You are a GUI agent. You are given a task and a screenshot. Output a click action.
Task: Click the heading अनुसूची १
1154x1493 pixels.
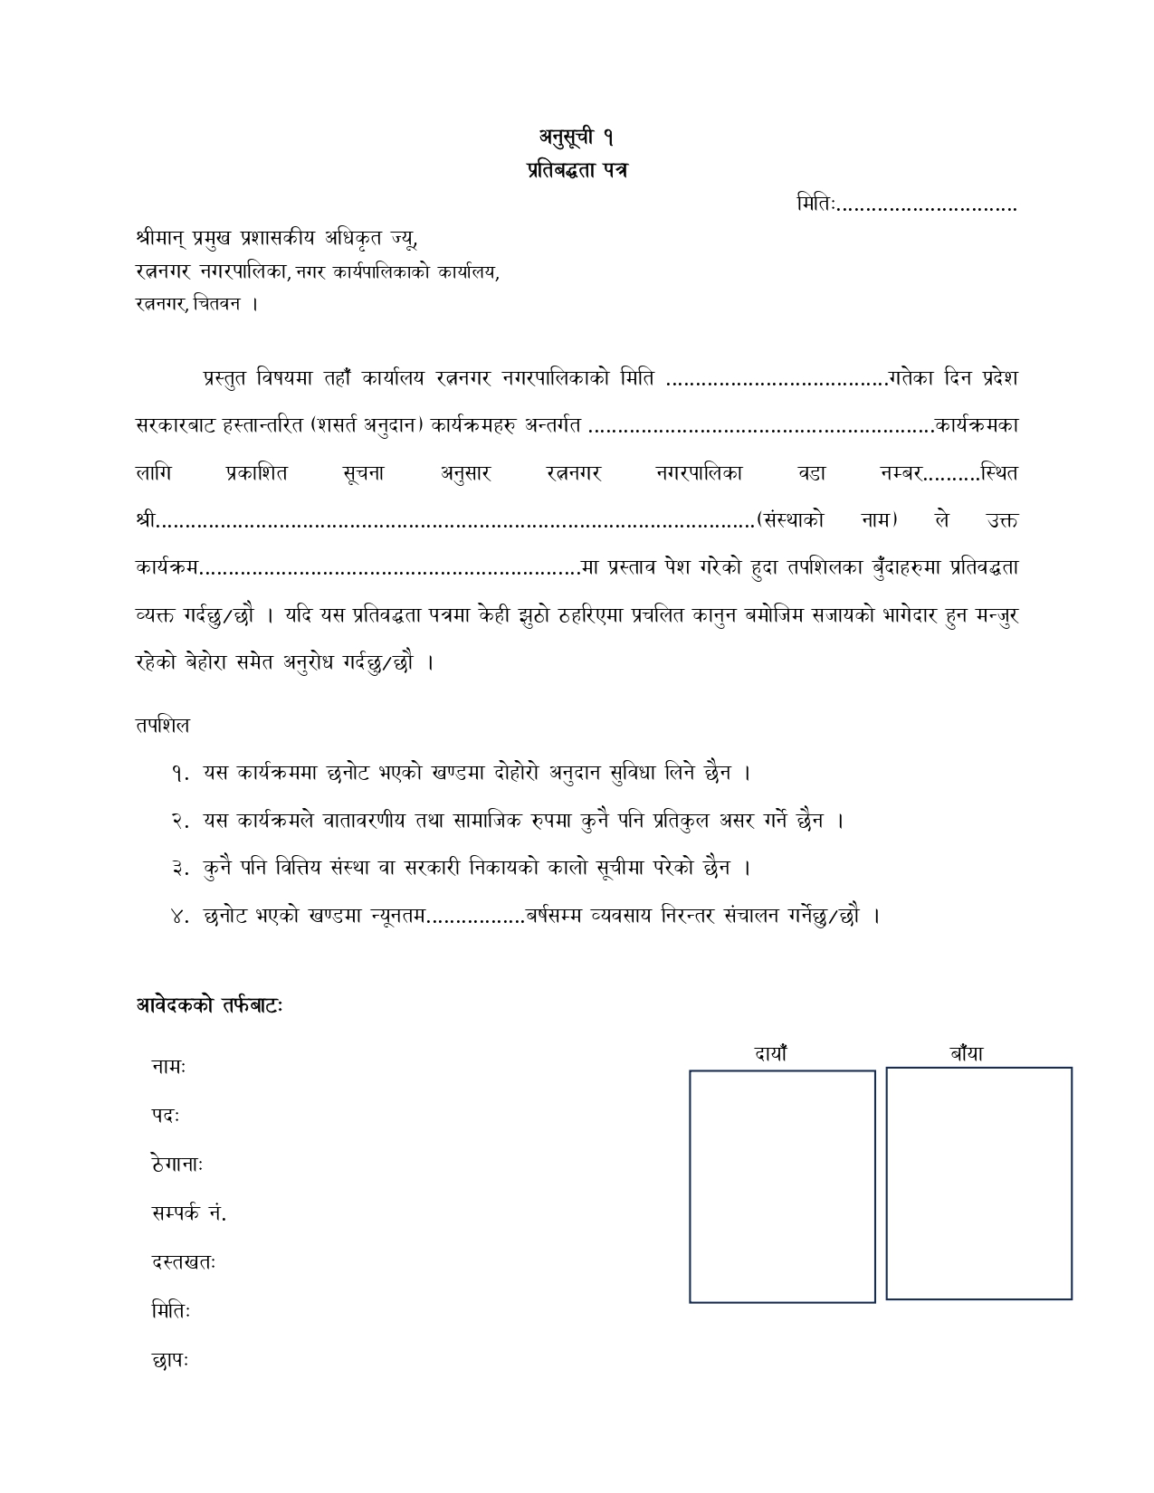coord(577,138)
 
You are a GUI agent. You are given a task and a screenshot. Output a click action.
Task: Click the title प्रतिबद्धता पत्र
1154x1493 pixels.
coord(577,170)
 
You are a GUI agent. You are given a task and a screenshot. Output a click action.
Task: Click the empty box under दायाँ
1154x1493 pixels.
coord(782,1186)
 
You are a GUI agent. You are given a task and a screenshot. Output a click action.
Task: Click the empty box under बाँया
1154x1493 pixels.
coord(978,1184)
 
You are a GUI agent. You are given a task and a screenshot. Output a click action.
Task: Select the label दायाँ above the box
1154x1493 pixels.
coord(771,1053)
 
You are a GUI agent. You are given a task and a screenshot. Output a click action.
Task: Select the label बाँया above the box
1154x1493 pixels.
coord(967,1053)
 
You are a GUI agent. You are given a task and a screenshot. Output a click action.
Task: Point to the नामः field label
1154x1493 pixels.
coord(168,1068)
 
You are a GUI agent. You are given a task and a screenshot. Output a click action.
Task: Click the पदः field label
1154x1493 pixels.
coord(165,1117)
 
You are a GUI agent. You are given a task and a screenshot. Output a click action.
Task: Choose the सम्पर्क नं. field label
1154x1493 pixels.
coord(188,1213)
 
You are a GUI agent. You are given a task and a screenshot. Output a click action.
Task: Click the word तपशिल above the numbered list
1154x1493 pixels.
coord(162,726)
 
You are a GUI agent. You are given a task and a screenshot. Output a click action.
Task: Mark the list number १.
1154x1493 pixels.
coord(179,774)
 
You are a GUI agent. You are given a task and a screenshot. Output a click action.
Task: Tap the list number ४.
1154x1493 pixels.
coord(179,916)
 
